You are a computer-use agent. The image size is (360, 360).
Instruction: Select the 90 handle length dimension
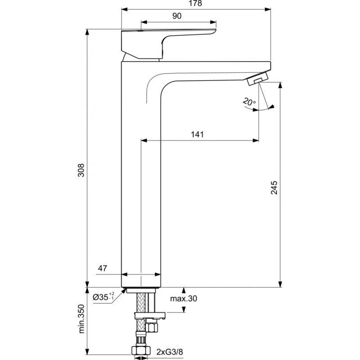click(x=176, y=16)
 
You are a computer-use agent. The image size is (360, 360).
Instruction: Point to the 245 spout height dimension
click(x=274, y=188)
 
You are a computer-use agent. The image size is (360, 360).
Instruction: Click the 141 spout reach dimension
click(x=198, y=134)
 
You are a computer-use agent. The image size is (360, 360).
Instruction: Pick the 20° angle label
click(x=249, y=102)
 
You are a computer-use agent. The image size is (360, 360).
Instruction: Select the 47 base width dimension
click(x=103, y=269)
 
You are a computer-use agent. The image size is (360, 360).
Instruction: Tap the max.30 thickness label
click(x=184, y=298)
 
